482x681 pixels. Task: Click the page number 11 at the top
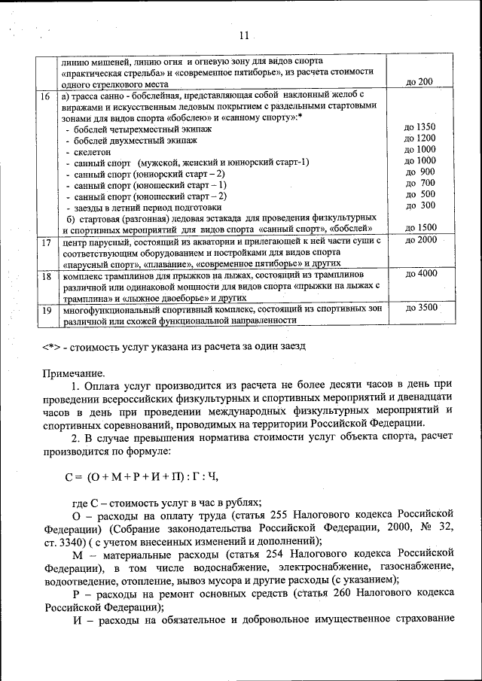point(243,35)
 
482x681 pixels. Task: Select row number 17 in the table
point(45,242)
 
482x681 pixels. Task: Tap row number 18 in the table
point(45,276)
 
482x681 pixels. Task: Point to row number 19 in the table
point(45,309)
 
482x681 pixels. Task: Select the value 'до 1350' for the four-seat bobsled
point(419,127)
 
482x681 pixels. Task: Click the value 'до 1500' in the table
point(420,227)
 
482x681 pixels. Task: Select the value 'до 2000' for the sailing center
point(420,240)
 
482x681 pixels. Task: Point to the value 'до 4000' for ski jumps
point(420,274)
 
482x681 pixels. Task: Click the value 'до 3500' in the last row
point(420,307)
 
